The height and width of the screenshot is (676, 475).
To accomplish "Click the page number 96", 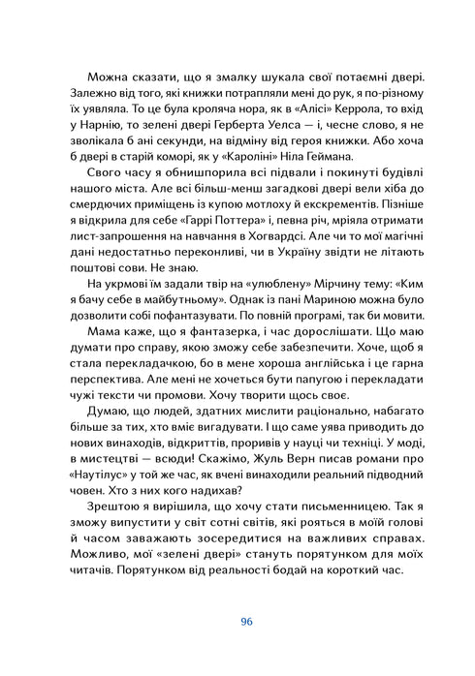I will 237,622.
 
